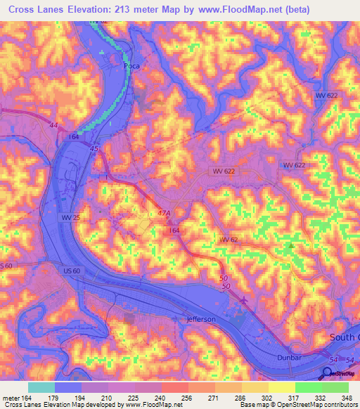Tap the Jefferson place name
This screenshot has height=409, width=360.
(201, 319)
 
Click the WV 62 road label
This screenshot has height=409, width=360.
(229, 240)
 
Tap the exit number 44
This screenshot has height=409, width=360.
(53, 124)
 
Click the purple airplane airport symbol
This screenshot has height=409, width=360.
(243, 301)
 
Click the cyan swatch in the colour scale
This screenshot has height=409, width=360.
(41, 387)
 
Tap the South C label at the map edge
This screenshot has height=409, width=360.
(345, 338)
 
